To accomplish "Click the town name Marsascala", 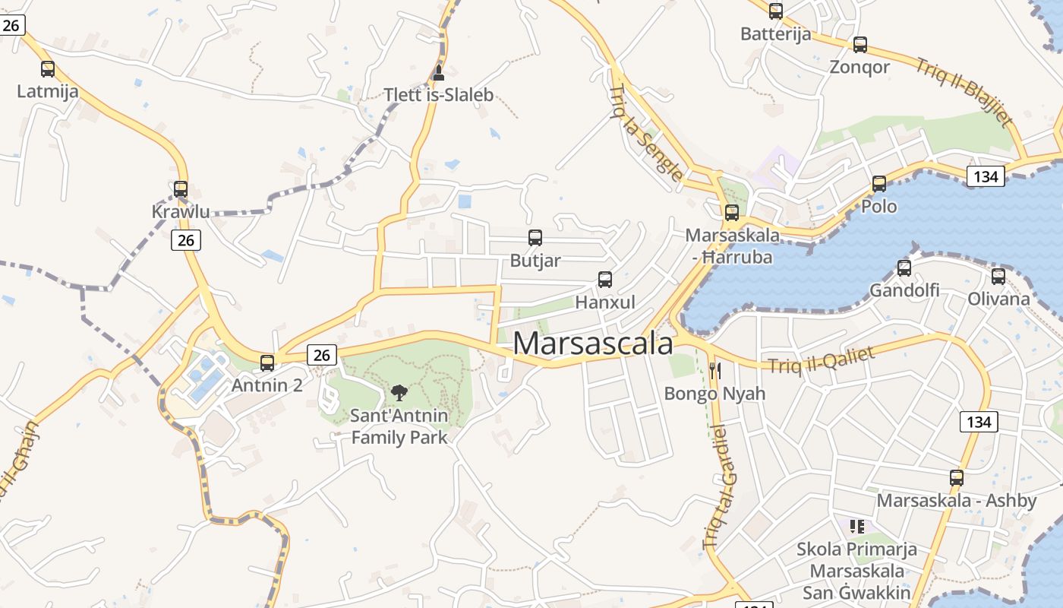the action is tap(593, 344).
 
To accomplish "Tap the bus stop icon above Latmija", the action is tap(48, 69).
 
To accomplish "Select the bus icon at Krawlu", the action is tap(181, 189).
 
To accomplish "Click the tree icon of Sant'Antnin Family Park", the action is tap(399, 393).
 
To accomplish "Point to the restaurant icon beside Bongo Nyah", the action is tap(714, 370).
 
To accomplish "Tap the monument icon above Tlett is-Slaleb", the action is tap(438, 74).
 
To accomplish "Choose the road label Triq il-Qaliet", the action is tap(822, 359).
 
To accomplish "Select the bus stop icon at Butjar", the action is tap(535, 238).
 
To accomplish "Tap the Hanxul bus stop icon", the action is tap(605, 280).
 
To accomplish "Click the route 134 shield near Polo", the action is tap(986, 177).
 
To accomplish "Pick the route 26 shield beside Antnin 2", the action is tap(322, 354).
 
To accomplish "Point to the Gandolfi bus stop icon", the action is tap(904, 268).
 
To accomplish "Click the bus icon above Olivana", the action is tap(998, 277).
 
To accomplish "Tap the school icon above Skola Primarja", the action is tap(857, 526).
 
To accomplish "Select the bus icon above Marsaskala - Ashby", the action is tap(957, 478).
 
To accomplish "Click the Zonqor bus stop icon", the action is tap(860, 45).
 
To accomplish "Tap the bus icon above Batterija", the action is tap(776, 11).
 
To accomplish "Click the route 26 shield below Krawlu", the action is tap(186, 241).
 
